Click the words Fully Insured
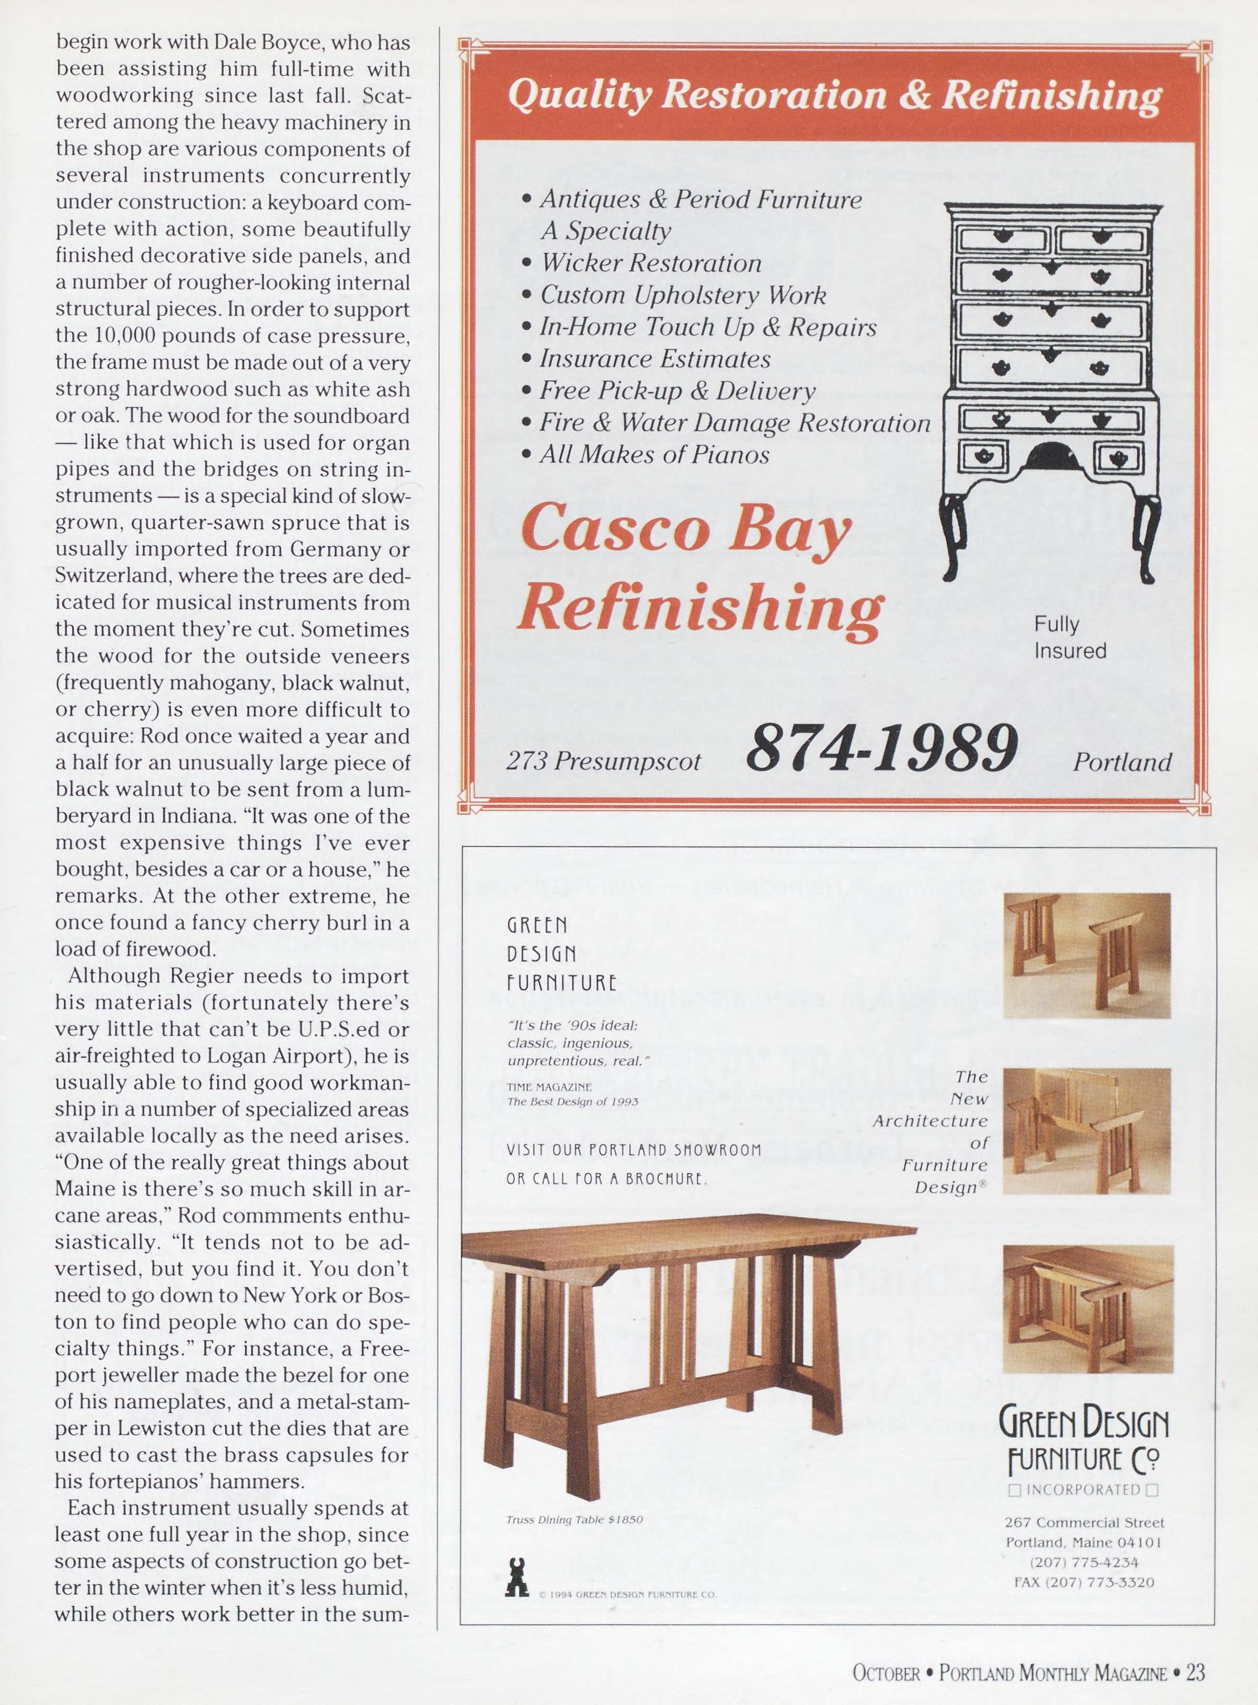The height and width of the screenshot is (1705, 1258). (1069, 637)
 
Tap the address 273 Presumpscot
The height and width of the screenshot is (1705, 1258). (603, 761)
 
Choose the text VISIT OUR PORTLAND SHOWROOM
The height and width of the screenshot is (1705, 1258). (634, 1150)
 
